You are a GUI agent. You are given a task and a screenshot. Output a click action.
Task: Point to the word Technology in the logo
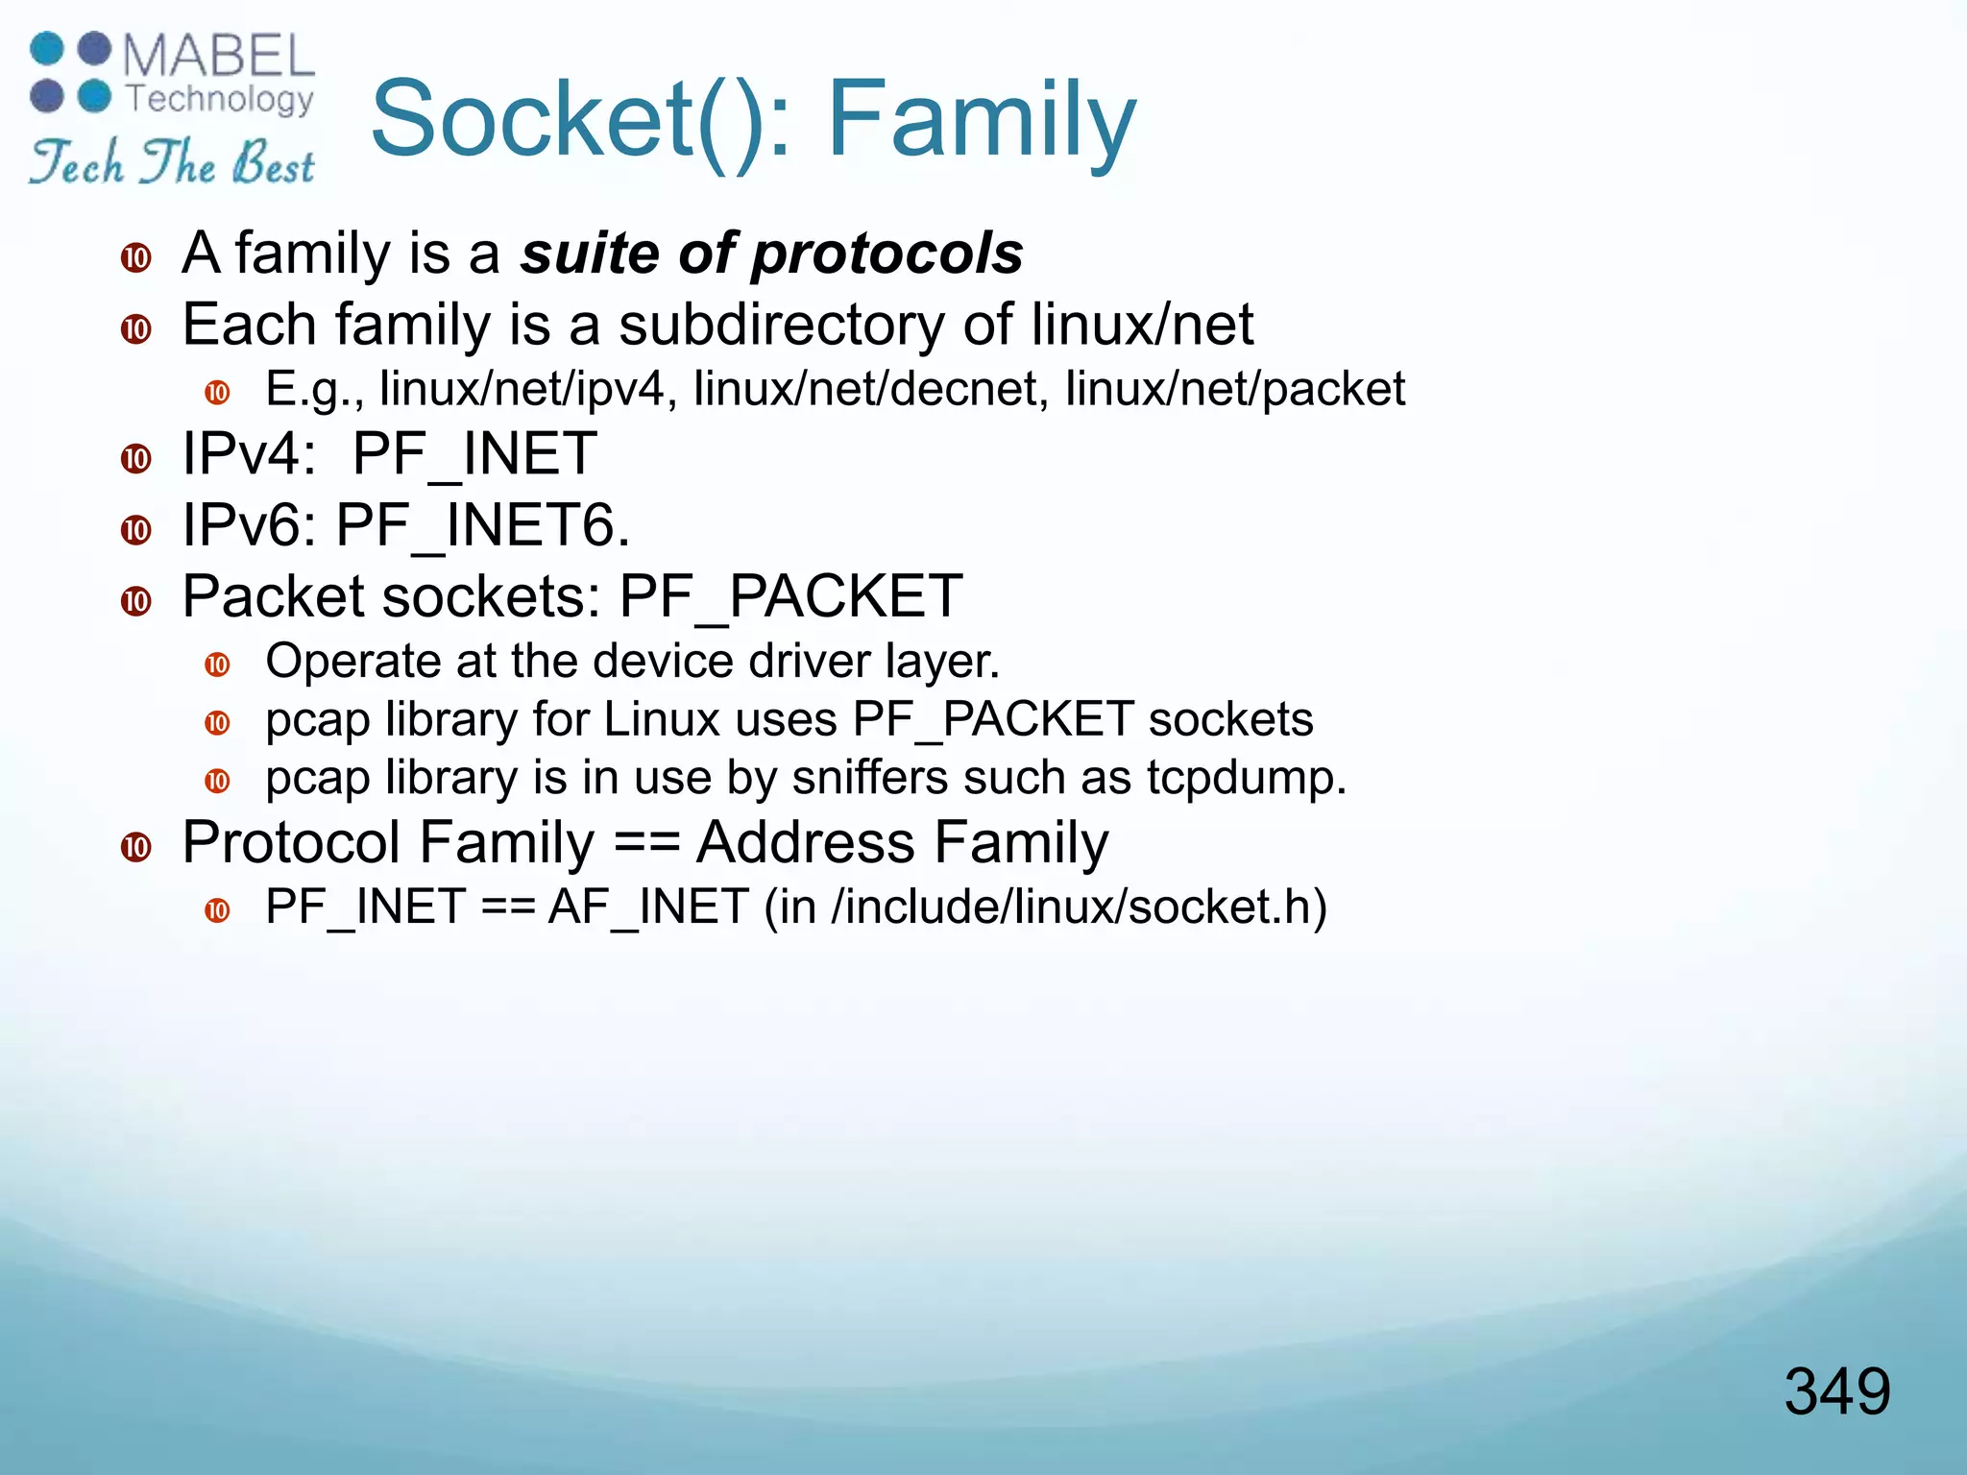tap(220, 98)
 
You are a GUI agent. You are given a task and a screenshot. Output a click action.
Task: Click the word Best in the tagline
tap(274, 163)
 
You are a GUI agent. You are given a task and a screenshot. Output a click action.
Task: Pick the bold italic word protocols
tap(887, 254)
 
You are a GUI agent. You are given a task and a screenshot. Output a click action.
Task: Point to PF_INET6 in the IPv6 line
tap(482, 526)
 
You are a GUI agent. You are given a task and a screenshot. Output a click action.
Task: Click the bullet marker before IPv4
tap(136, 458)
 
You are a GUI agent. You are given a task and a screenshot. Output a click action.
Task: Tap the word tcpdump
tap(1246, 778)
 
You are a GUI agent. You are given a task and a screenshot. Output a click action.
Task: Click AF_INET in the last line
tap(647, 907)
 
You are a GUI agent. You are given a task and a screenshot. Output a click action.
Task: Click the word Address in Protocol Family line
tap(806, 843)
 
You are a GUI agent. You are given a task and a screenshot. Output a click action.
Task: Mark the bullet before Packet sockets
tap(136, 601)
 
